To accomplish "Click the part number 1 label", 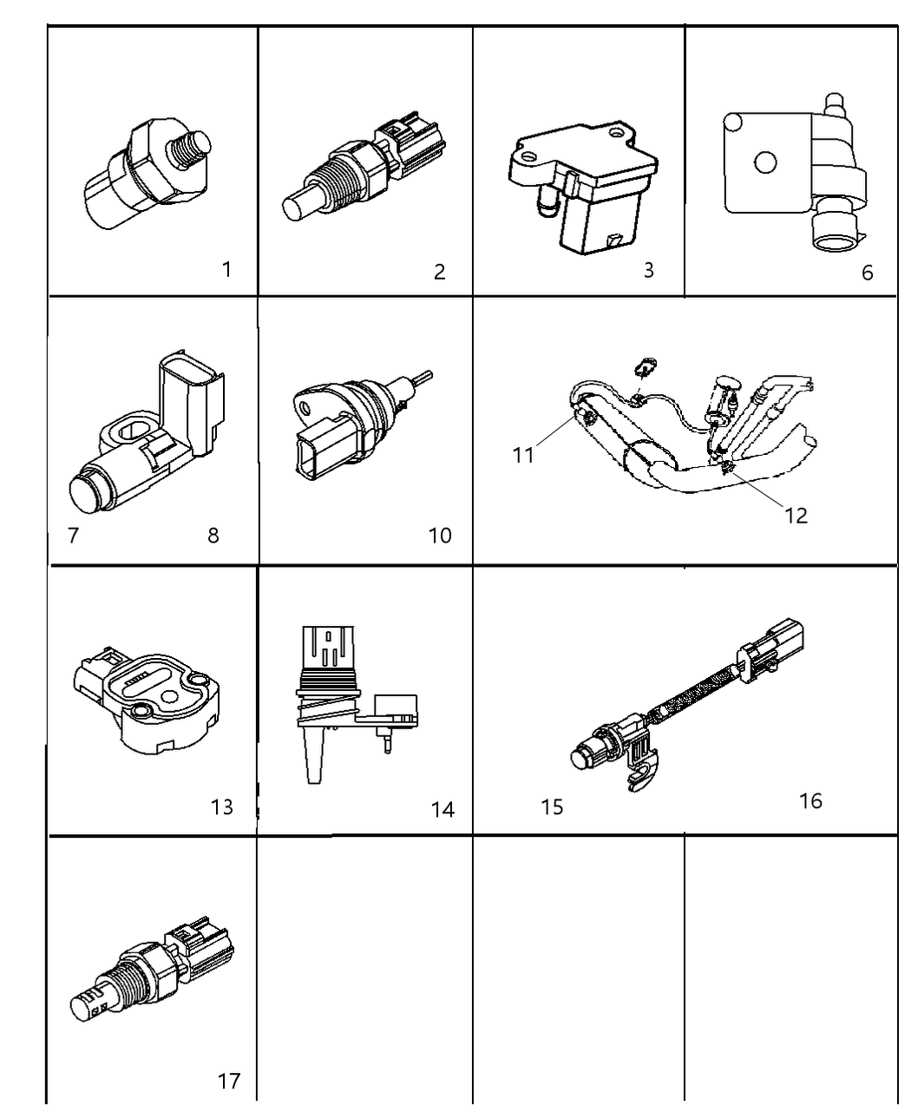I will pos(226,269).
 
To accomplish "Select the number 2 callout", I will pos(440,272).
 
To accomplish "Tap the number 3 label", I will pos(648,270).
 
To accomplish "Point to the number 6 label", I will pos(867,273).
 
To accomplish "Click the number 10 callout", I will pos(440,536).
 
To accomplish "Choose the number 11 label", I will pos(523,455).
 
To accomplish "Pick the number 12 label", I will pos(796,516).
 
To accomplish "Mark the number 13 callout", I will pos(222,806).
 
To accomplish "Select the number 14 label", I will pos(442,809).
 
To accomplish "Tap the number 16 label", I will pos(810,800).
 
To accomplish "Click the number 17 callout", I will pos(229,1081).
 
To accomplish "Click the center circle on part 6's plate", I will pos(764,162).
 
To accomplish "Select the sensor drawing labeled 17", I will pos(152,972).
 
